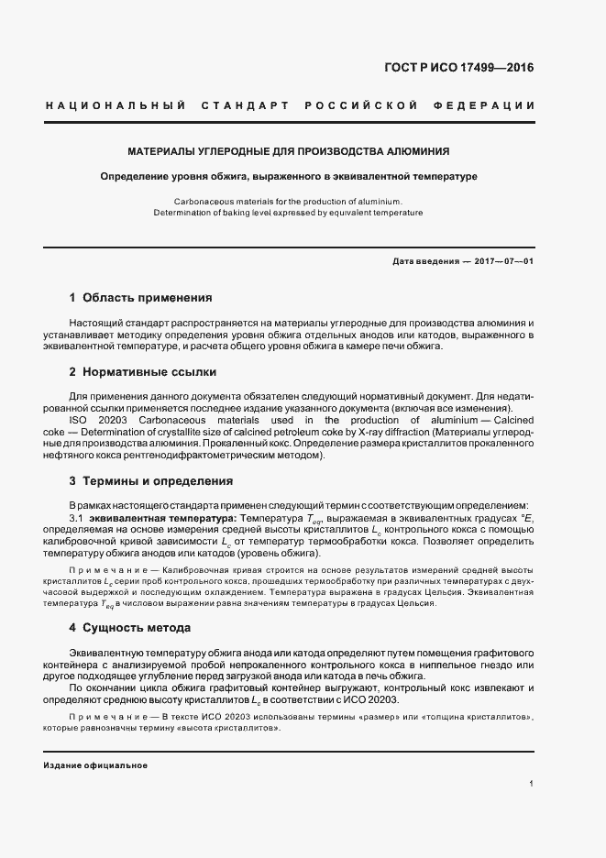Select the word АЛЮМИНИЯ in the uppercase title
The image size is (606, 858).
(x=418, y=150)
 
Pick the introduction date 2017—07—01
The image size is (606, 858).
(x=502, y=261)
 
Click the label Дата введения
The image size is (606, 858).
(x=425, y=261)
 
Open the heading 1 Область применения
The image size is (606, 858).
(x=140, y=298)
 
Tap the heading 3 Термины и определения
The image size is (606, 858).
(x=150, y=480)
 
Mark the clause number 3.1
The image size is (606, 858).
(x=77, y=518)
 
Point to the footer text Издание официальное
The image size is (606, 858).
(x=95, y=765)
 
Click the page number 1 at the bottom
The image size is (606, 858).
(x=532, y=784)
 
